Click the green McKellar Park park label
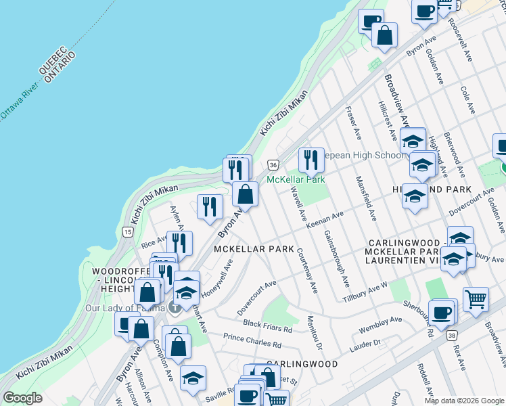pyautogui.click(x=296, y=179)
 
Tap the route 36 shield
pyautogui.click(x=273, y=164)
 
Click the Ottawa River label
pyautogui.click(x=19, y=102)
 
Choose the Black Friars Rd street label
pyautogui.click(x=267, y=327)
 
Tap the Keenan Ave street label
pyautogui.click(x=325, y=219)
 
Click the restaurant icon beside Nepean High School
pyautogui.click(x=310, y=160)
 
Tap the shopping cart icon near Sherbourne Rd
pyautogui.click(x=476, y=298)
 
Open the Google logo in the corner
pyautogui.click(x=22, y=398)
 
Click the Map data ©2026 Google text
pyautogui.click(x=463, y=401)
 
